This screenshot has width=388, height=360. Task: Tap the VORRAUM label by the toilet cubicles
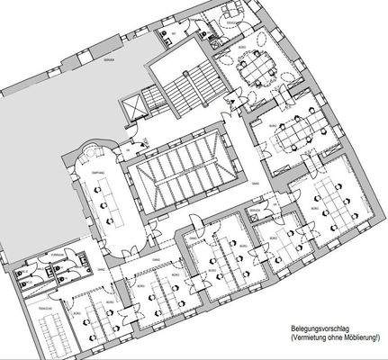point(59,254)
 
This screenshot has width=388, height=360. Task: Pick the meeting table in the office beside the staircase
point(257,67)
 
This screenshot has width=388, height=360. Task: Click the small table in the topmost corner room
point(233,12)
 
